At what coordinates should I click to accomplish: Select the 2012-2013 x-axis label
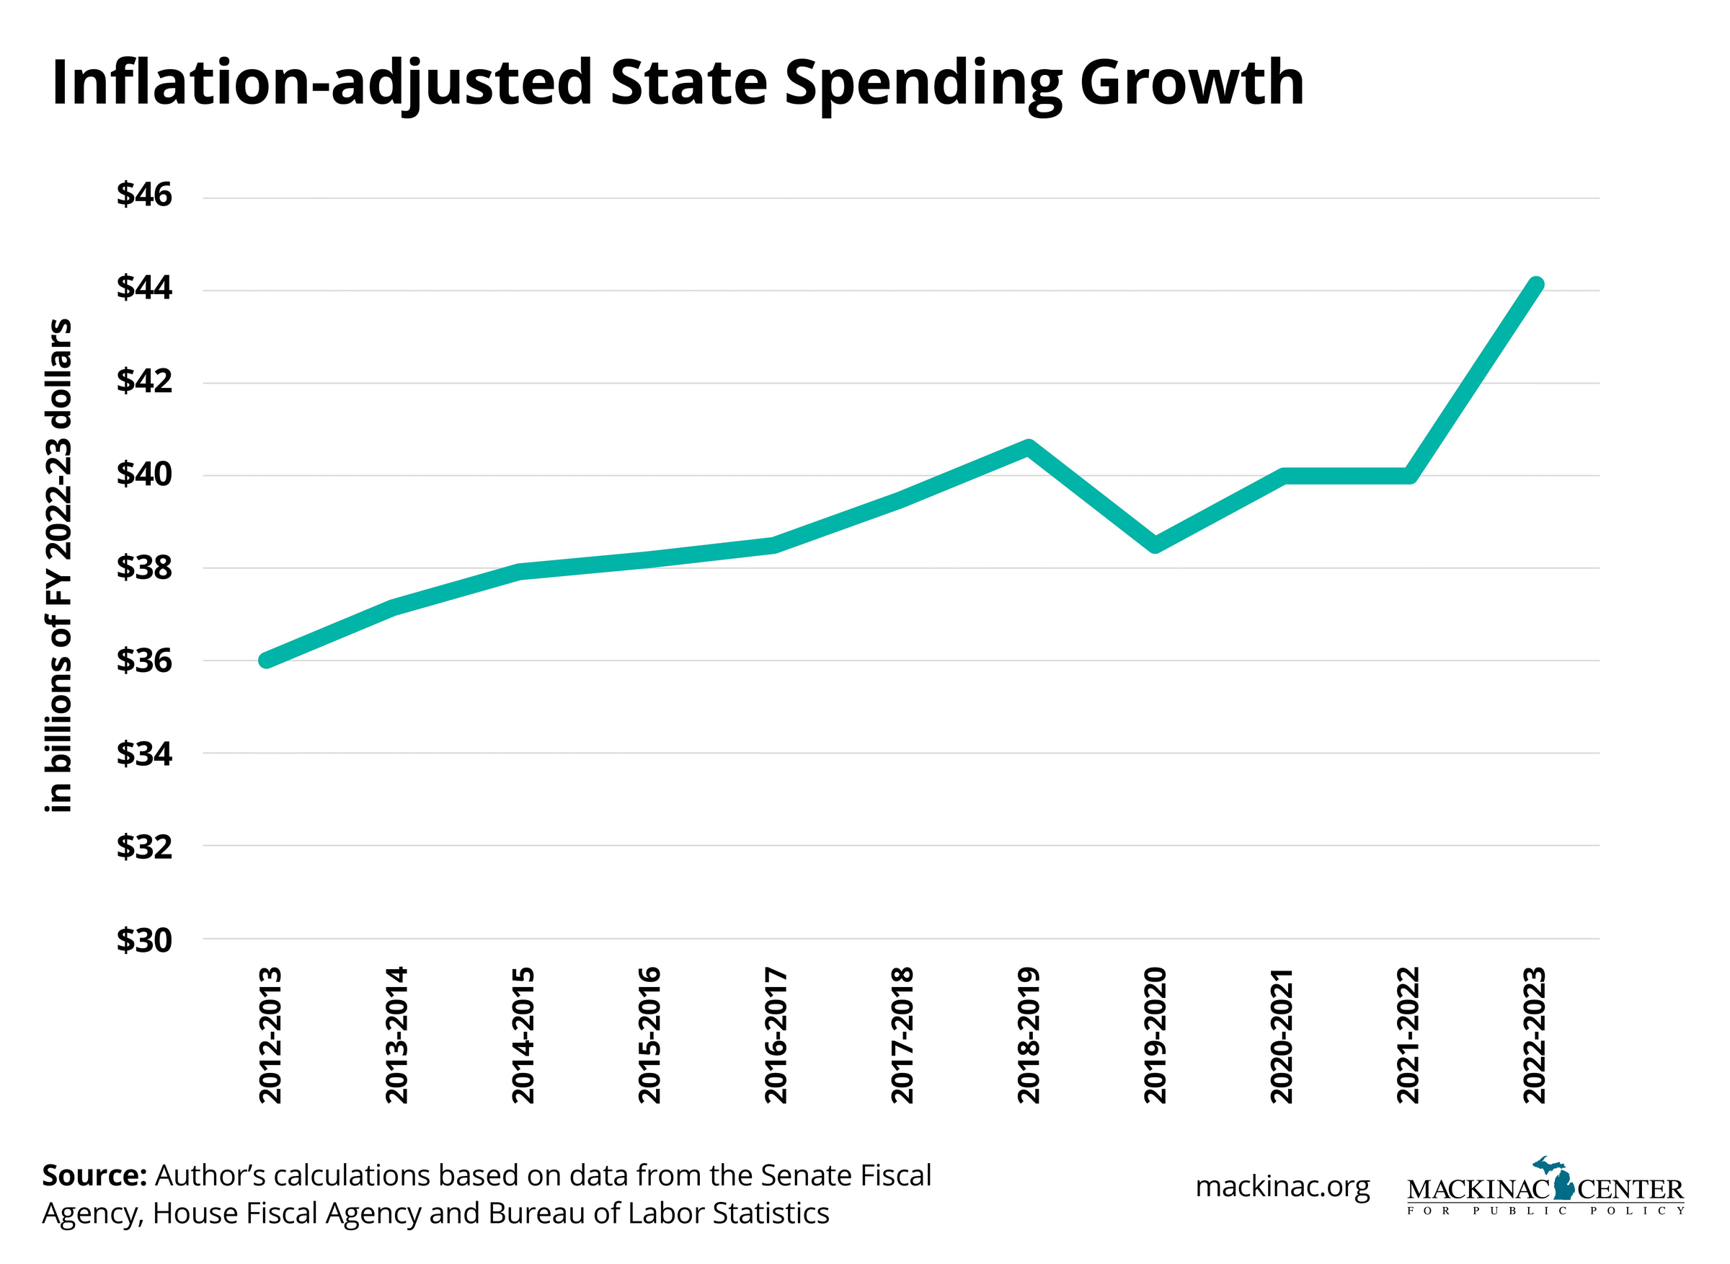(271, 1035)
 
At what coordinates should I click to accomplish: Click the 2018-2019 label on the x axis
(1029, 1035)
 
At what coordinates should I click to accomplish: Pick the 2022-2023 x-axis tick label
(1534, 1035)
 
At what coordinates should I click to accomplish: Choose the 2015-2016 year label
(649, 1035)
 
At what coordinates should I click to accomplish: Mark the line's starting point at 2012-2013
(266, 660)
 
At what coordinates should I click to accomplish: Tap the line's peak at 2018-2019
(1029, 448)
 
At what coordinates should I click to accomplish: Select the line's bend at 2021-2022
(1409, 476)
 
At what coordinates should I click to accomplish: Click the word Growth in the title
(1192, 83)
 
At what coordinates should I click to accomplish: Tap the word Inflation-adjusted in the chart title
(321, 83)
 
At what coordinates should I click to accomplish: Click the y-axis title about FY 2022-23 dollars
(59, 565)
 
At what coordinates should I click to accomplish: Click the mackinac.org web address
(1282, 1187)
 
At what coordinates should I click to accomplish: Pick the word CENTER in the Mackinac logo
(1631, 1190)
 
